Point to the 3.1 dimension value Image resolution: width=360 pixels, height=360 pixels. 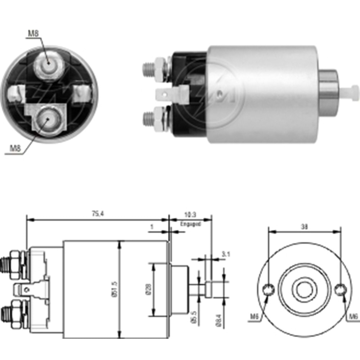click(x=226, y=254)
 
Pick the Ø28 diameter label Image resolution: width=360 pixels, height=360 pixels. click(x=148, y=290)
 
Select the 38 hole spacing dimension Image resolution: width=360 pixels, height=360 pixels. click(x=304, y=227)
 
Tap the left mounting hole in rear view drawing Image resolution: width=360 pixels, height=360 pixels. click(x=268, y=289)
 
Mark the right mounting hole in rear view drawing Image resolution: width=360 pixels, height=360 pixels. click(x=340, y=289)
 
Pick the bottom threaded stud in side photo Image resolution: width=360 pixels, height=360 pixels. click(x=148, y=118)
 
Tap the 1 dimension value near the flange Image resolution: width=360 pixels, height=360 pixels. click(x=152, y=227)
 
